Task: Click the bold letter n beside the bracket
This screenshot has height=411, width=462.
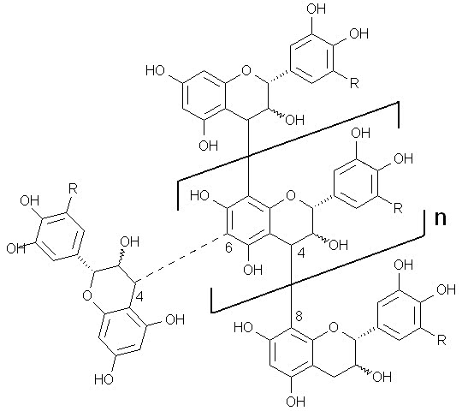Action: point(441,218)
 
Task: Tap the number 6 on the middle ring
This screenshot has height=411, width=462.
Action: point(228,247)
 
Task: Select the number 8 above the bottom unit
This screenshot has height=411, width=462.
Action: point(299,317)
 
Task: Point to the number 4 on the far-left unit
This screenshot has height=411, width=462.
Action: point(139,296)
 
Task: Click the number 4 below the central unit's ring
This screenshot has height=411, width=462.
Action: point(301,253)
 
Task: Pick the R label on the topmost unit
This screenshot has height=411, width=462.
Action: point(354,83)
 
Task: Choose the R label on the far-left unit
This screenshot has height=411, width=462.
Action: point(73,188)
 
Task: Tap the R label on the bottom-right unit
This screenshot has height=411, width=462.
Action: point(441,341)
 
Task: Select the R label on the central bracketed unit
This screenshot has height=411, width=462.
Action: point(398,208)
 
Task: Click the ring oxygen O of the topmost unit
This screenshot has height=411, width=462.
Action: point(246,70)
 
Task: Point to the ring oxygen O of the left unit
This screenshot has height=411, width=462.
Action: point(87,295)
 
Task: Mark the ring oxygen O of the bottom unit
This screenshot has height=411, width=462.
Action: point(334,327)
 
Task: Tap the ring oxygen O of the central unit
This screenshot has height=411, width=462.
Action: point(291,195)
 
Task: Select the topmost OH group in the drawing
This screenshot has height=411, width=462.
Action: point(317,9)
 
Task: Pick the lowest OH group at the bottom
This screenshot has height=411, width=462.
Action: point(295,402)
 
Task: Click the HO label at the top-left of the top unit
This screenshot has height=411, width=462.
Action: point(155,70)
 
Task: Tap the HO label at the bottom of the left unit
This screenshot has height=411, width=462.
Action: point(104,379)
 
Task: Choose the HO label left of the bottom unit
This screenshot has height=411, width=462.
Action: point(243,328)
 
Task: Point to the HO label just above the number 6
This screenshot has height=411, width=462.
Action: point(200,195)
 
